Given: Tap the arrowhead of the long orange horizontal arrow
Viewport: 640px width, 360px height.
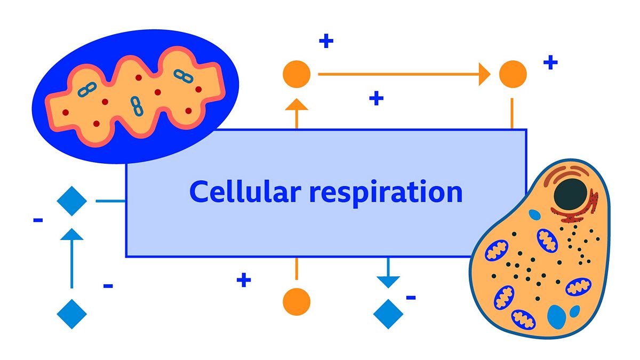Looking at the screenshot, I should (x=484, y=74).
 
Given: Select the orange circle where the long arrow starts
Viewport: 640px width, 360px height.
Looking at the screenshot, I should (x=297, y=74).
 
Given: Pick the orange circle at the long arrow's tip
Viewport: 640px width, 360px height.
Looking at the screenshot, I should (x=513, y=74).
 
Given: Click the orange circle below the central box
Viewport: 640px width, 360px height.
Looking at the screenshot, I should (x=297, y=301).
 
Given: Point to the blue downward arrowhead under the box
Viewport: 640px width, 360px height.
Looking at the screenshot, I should (x=388, y=281).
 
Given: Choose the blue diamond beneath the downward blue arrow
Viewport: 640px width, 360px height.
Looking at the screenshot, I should (x=388, y=314).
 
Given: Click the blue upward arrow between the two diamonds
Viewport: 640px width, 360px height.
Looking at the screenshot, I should (x=72, y=256).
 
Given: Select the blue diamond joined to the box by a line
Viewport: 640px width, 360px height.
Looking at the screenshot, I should (x=72, y=201).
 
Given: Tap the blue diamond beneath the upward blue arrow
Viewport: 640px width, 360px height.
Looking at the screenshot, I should (x=72, y=314).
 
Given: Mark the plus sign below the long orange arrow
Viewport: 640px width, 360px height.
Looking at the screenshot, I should (x=377, y=98).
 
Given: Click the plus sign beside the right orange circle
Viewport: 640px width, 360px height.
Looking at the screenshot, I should (x=550, y=62).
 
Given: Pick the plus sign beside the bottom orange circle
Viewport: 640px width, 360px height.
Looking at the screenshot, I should (x=244, y=279).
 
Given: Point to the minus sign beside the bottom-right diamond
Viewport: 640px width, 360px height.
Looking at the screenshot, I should (x=411, y=298).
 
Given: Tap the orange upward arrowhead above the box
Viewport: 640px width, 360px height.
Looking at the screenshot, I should (x=297, y=103).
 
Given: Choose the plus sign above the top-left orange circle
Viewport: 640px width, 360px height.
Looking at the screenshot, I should (x=326, y=41).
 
